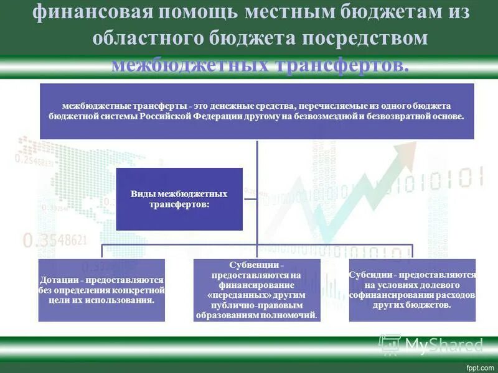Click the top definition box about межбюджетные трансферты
coord(256,111)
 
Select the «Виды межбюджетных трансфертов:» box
coord(179,199)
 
